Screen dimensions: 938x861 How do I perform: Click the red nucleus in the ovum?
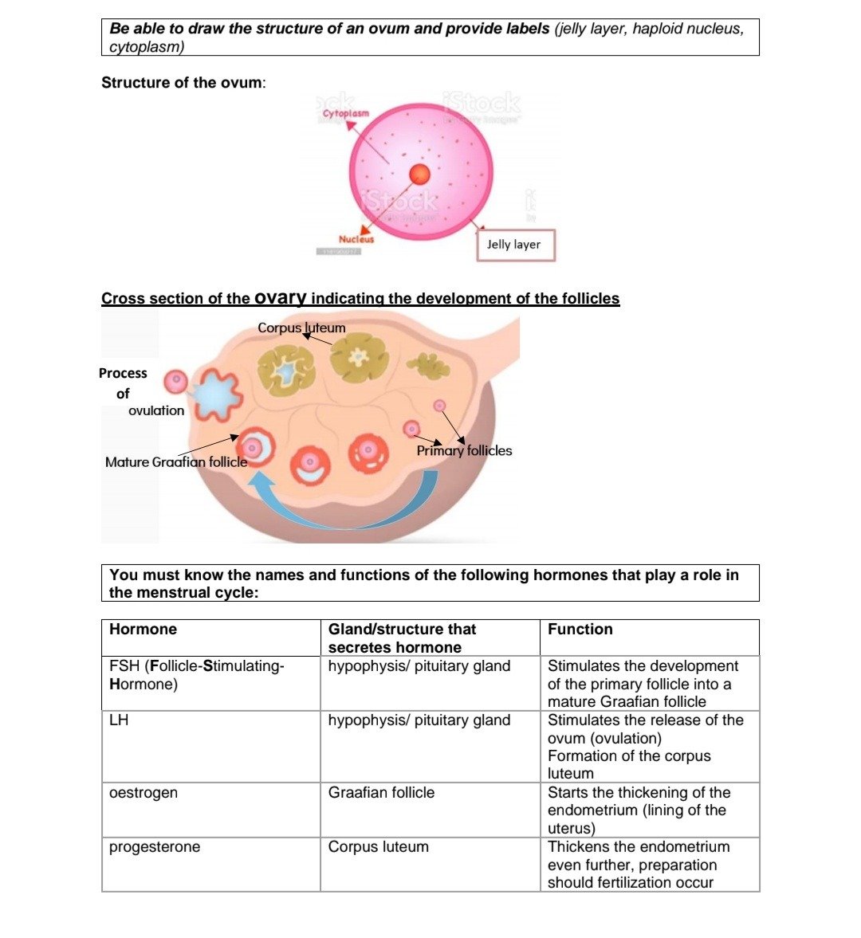(x=419, y=175)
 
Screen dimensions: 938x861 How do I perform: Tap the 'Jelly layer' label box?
(x=513, y=245)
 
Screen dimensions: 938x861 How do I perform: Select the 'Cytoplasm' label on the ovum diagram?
(x=346, y=114)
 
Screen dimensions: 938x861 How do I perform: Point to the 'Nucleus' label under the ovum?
(x=356, y=239)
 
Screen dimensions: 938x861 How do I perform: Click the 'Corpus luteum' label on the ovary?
(x=301, y=328)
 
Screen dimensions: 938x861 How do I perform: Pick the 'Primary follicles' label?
(x=464, y=451)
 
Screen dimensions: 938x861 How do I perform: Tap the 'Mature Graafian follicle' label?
(x=176, y=462)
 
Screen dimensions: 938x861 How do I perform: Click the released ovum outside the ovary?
(x=175, y=382)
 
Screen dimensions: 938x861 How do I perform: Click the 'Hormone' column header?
(x=143, y=630)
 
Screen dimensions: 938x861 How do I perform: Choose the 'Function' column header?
(x=580, y=630)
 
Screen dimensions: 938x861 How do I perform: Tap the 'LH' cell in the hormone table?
(x=119, y=720)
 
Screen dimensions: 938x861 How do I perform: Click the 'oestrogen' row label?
(x=143, y=793)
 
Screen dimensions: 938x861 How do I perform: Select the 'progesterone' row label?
(x=155, y=847)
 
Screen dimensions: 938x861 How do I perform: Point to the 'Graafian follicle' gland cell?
(x=381, y=793)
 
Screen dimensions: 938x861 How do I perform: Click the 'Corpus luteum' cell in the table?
(x=378, y=847)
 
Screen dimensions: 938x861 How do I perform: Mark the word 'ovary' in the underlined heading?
(x=281, y=298)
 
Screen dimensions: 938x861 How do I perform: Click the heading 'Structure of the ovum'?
(x=183, y=83)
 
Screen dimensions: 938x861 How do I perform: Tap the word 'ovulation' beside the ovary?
(x=156, y=410)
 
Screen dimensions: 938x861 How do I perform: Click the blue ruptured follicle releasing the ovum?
(x=214, y=396)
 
